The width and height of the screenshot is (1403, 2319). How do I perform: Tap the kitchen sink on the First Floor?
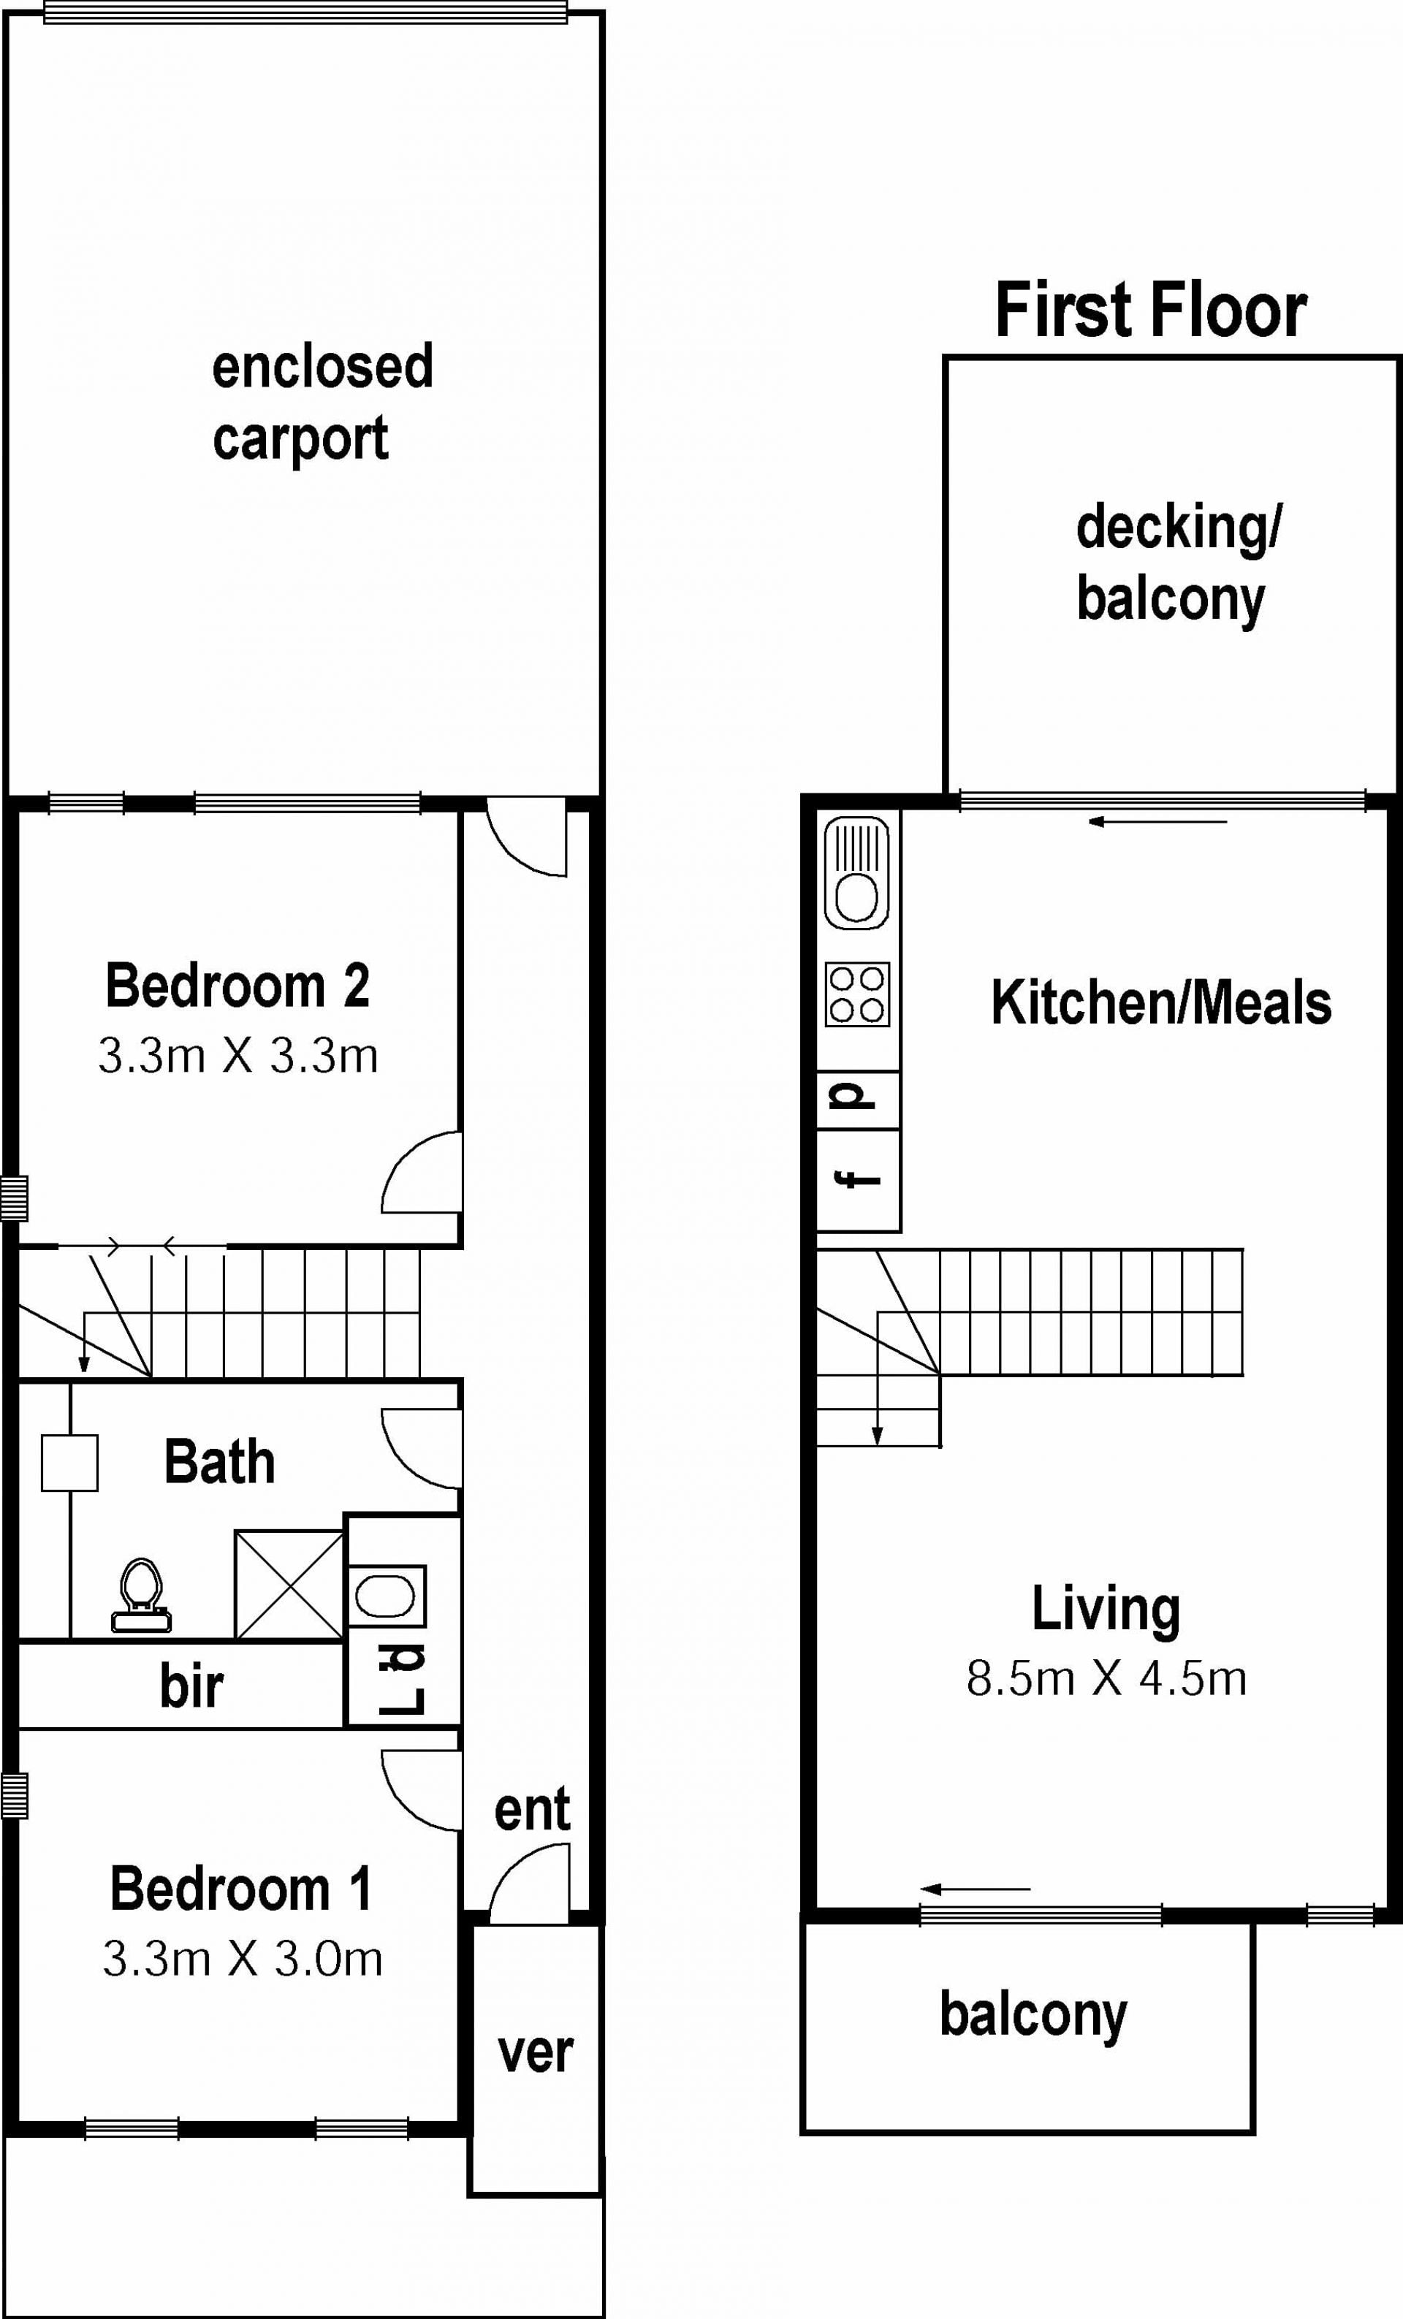[x=856, y=873]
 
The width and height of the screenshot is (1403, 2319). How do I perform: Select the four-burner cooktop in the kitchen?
[x=857, y=994]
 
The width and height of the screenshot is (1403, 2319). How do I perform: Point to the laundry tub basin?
[x=387, y=1596]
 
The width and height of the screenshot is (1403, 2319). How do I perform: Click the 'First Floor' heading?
[x=1151, y=310]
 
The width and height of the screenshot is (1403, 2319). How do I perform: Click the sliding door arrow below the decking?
[x=1157, y=822]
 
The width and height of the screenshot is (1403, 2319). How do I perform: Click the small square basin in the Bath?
[x=69, y=1463]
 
